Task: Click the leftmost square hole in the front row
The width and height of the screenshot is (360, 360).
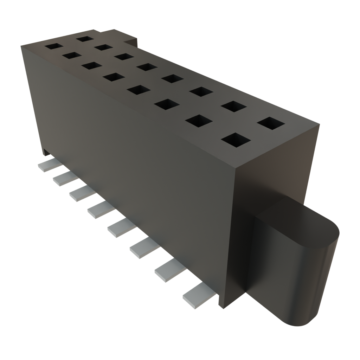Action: [53, 46]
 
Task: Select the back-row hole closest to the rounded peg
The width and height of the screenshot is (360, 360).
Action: [271, 123]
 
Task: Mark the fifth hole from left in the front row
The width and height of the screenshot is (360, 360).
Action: [139, 90]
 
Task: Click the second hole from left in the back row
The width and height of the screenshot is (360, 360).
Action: [103, 47]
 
